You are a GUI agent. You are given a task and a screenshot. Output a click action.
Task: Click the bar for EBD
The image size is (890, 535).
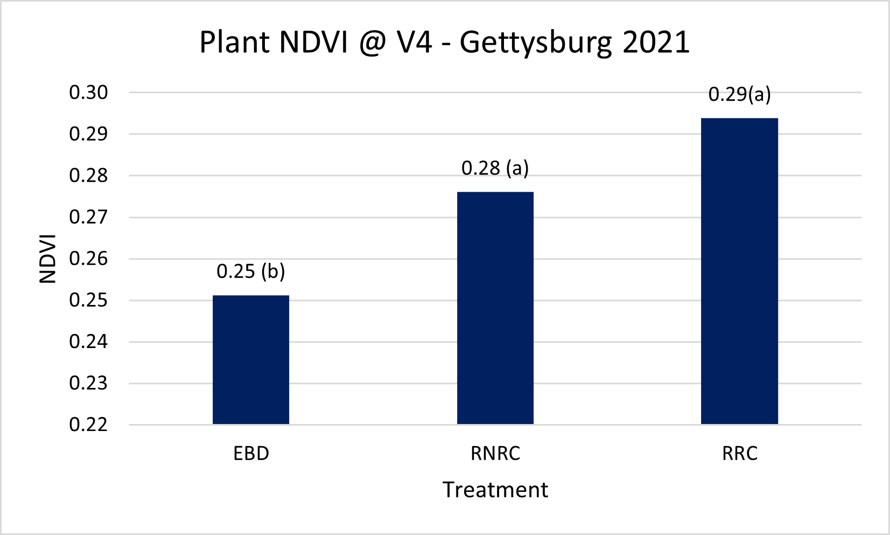click(251, 359)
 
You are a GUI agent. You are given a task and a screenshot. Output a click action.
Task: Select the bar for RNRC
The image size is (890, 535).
click(495, 308)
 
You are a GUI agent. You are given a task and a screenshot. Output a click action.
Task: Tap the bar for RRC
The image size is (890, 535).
click(739, 271)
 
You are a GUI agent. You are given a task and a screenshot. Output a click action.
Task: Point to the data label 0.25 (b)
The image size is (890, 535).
click(251, 271)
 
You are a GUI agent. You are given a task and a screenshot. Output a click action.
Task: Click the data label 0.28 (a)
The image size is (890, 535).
click(495, 168)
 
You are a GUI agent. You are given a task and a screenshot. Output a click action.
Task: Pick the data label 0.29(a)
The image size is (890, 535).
click(739, 94)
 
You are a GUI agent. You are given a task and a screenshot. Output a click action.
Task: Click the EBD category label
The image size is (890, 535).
click(251, 454)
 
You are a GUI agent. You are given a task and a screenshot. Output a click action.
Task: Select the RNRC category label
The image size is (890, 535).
click(495, 454)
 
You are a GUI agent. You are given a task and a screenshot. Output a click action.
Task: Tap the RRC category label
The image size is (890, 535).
click(740, 454)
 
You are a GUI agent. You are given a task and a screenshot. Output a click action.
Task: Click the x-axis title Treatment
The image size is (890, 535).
click(495, 490)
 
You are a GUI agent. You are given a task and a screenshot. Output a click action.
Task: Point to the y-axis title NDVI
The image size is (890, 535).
click(48, 259)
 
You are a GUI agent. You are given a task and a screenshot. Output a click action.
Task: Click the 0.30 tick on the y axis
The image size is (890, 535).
click(88, 93)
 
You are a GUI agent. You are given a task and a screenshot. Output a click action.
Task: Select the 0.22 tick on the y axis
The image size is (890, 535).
click(88, 425)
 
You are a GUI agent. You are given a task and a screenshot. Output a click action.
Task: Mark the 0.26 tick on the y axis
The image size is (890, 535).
click(88, 259)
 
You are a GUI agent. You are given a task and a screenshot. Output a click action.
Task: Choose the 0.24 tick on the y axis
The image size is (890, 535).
click(88, 342)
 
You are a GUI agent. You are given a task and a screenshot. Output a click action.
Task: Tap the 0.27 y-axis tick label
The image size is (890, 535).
click(88, 217)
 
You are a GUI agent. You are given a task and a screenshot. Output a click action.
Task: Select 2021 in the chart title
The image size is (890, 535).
click(656, 42)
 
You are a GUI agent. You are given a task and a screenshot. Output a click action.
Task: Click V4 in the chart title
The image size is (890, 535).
click(415, 42)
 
